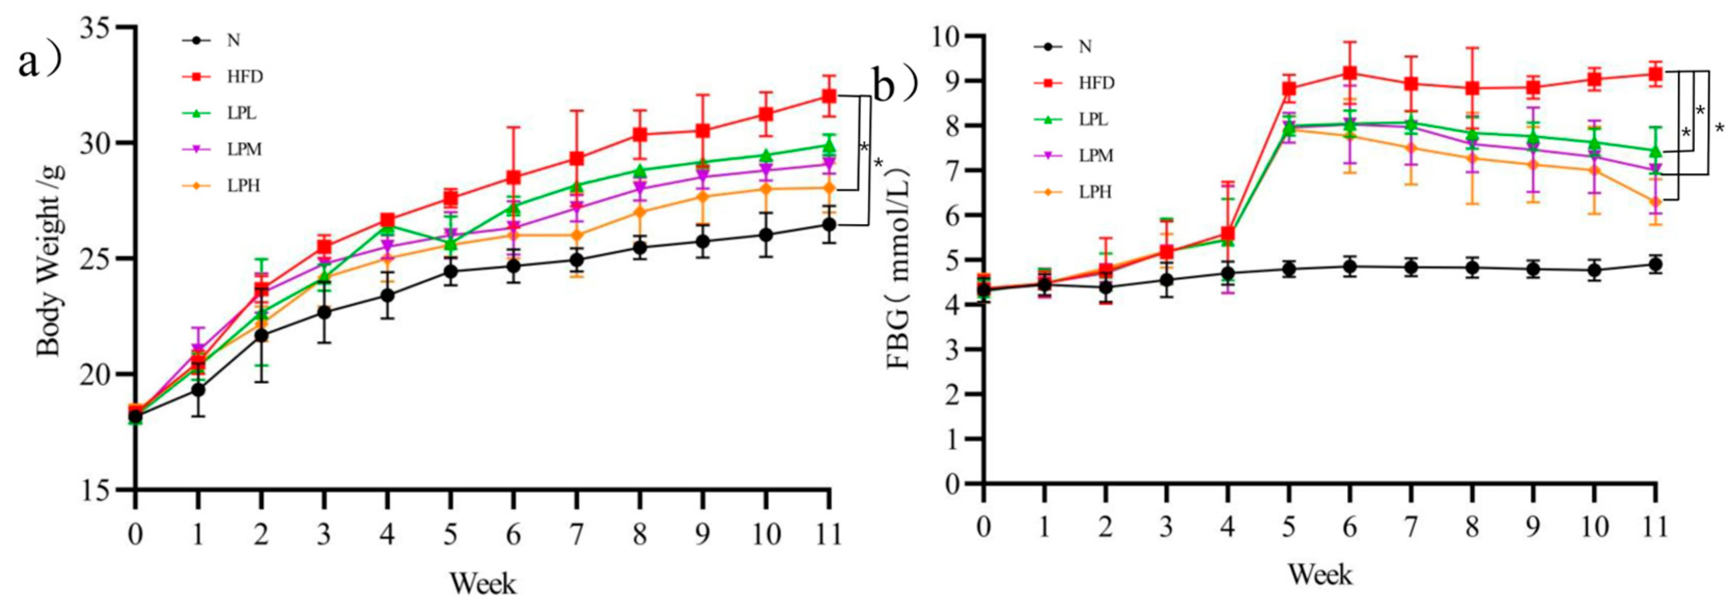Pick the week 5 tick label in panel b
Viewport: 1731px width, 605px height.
pos(1288,527)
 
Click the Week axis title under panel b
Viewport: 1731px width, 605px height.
pos(1320,575)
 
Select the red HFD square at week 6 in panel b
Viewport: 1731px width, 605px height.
pos(1349,73)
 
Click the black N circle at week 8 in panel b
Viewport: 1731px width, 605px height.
pos(1472,267)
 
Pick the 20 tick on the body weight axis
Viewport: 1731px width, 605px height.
pos(97,374)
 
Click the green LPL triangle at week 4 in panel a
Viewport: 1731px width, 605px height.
pos(388,226)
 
